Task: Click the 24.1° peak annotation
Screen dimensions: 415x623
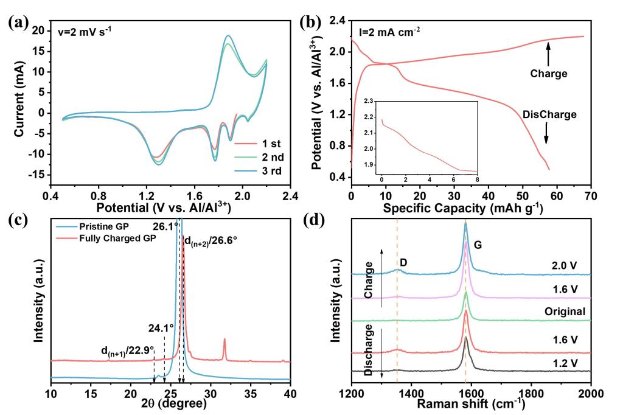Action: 161,327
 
